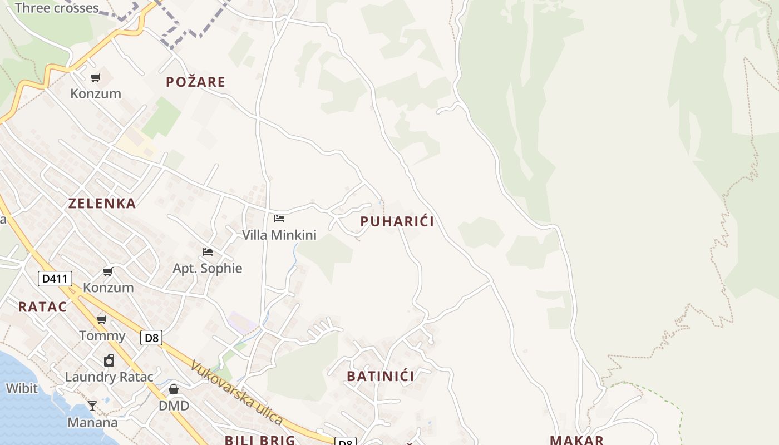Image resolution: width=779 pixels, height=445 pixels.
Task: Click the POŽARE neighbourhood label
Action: [195, 82]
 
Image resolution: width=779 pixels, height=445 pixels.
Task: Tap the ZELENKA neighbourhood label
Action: [102, 204]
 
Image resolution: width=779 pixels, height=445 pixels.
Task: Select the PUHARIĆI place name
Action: [397, 221]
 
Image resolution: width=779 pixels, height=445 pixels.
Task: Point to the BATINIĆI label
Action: [380, 376]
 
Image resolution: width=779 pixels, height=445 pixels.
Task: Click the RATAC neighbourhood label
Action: [42, 306]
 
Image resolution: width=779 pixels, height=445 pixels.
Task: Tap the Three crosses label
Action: [57, 8]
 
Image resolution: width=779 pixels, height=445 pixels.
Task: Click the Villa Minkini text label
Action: [279, 235]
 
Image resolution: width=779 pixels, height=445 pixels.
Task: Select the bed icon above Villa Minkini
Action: [279, 219]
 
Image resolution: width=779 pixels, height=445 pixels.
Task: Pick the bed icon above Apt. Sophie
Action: [208, 252]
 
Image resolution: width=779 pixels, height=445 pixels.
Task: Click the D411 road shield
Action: [55, 278]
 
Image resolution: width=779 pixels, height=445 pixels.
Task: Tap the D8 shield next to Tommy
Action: [151, 338]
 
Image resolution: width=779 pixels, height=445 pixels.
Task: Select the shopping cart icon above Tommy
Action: [102, 319]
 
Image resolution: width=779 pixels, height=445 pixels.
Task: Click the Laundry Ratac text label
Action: [109, 377]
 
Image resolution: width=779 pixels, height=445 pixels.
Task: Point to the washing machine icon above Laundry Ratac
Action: [109, 360]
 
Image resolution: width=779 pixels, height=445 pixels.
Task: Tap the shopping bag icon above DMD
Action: [174, 389]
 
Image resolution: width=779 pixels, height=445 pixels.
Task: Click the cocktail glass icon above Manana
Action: [92, 406]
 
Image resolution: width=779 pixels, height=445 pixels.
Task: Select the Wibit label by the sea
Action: [22, 388]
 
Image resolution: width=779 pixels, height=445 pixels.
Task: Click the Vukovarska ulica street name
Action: [236, 393]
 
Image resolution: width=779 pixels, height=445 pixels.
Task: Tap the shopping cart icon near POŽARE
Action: [96, 77]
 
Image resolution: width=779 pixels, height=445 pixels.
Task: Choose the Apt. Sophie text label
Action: [207, 268]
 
